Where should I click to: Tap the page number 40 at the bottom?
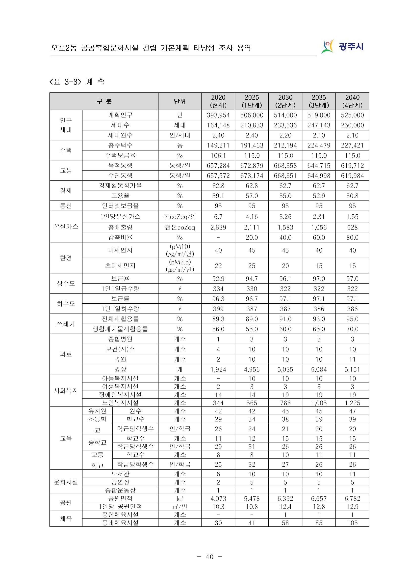pyautogui.click(x=209, y=557)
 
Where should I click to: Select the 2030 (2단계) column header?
pyautogui.click(x=285, y=101)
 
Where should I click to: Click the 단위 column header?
pyautogui.click(x=179, y=101)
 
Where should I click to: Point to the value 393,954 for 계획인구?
pyautogui.click(x=218, y=115)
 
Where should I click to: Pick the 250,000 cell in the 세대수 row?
pyautogui.click(x=352, y=125)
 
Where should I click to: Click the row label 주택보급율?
pyautogui.click(x=120, y=155)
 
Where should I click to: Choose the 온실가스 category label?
pyautogui.click(x=66, y=227)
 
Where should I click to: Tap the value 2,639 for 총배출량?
pyautogui.click(x=218, y=228)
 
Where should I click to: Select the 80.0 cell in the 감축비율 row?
pyautogui.click(x=352, y=237)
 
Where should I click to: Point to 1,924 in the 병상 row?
pyautogui.click(x=218, y=370)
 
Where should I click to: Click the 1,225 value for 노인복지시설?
pyautogui.click(x=352, y=403)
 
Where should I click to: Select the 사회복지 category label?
pyautogui.click(x=66, y=391)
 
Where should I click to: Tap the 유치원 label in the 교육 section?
pyautogui.click(x=97, y=411)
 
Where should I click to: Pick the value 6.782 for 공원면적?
pyautogui.click(x=352, y=498)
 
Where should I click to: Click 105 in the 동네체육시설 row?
pyautogui.click(x=352, y=523)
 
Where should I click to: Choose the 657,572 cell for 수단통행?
pyautogui.click(x=218, y=175)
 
